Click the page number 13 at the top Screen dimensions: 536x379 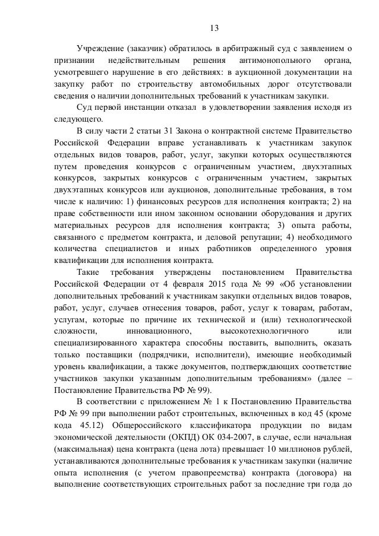pyautogui.click(x=214, y=28)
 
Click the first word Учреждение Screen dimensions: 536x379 pyautogui.click(x=97, y=48)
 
